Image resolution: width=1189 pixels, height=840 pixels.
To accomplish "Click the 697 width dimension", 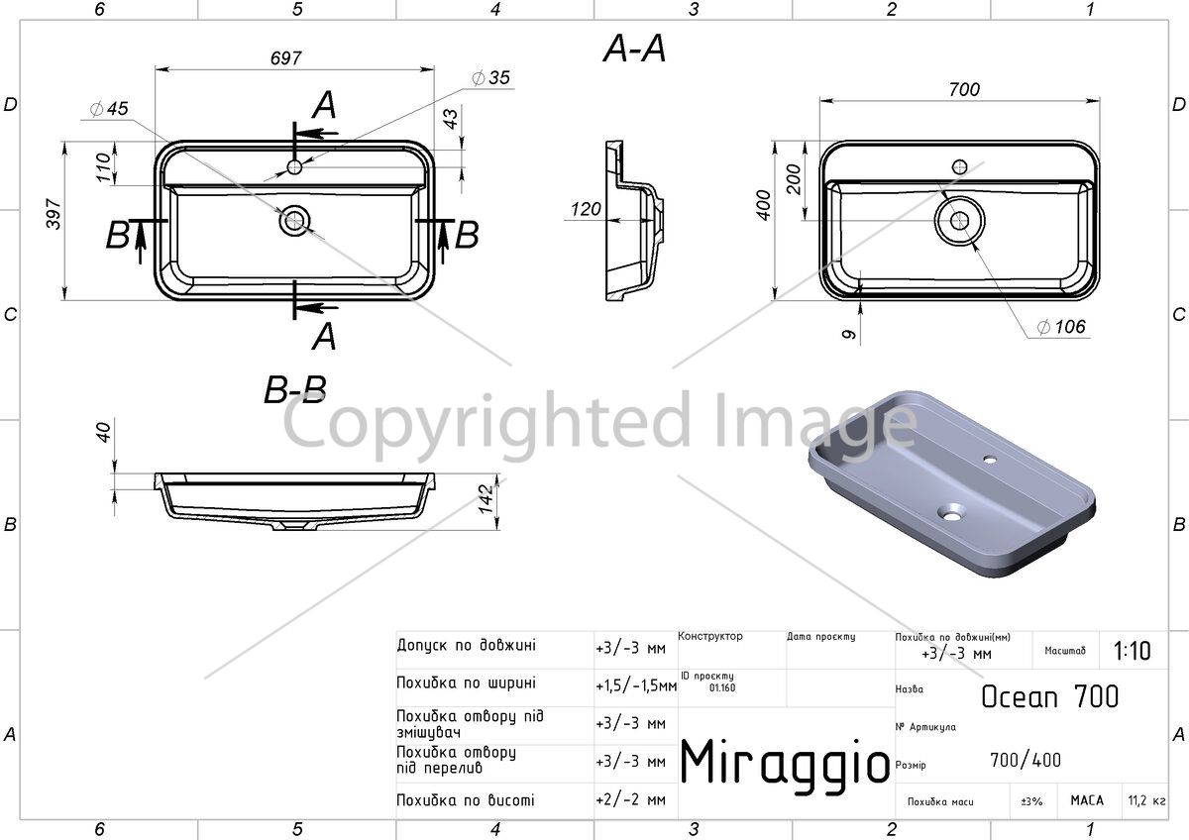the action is (285, 57).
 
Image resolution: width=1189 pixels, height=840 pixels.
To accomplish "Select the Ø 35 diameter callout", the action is (490, 78).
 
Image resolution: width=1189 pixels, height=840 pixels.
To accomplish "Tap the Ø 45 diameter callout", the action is (109, 109).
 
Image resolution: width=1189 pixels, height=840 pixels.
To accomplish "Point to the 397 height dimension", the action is (54, 214).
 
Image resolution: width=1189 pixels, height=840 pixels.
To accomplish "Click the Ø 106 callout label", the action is (1061, 327).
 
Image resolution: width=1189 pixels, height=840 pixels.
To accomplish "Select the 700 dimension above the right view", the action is (964, 89).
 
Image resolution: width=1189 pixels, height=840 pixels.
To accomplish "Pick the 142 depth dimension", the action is (486, 499).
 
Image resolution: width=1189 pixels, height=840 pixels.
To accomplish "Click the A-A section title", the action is (634, 49).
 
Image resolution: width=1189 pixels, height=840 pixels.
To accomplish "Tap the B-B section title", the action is (295, 390).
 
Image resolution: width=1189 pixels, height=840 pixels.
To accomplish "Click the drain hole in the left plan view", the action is (294, 220).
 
